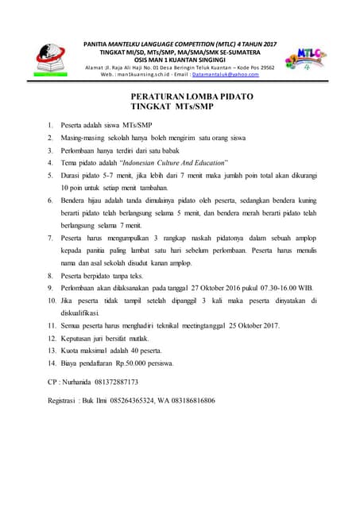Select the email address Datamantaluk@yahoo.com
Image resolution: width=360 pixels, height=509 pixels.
pyautogui.click(x=231, y=74)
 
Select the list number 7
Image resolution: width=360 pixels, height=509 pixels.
pyautogui.click(x=51, y=238)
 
